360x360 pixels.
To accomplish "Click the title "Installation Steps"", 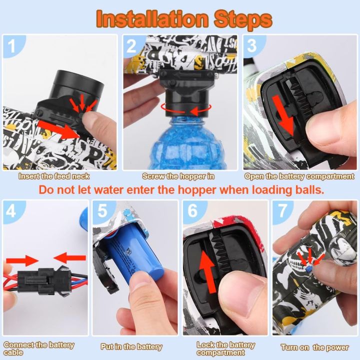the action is click(x=184, y=19).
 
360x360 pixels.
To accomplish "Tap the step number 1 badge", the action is click(x=12, y=45).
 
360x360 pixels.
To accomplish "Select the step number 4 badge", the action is click(x=12, y=211).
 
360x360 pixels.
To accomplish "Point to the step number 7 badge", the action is click(x=282, y=211).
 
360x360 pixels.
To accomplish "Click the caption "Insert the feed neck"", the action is click(x=54, y=176).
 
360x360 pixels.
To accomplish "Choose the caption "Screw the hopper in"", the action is click(x=178, y=176).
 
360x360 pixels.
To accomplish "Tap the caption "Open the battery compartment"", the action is click(x=299, y=176).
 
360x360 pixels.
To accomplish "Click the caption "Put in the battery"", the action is click(x=131, y=346).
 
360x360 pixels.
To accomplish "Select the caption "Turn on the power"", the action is click(x=314, y=347).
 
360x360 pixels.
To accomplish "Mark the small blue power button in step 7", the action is click(x=309, y=268).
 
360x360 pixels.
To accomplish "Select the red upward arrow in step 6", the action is click(x=208, y=271).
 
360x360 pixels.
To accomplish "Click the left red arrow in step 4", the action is click(x=22, y=260).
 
